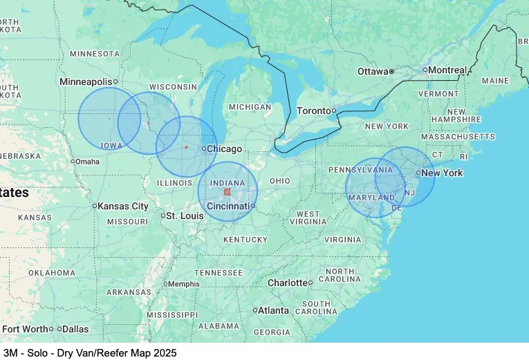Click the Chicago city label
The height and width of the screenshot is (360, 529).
coord(225,149)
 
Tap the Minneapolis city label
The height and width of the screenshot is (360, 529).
coord(86,82)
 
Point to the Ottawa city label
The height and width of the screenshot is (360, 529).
coord(373,72)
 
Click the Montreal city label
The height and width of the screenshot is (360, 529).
coord(447,70)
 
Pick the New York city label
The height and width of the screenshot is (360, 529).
coord(442,173)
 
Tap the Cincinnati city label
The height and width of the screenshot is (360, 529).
coord(228,206)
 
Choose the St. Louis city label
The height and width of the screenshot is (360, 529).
coord(185,216)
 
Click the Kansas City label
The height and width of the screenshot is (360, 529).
coord(123,206)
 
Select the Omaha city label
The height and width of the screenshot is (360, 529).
coord(87,162)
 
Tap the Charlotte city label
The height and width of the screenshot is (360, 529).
coord(287,283)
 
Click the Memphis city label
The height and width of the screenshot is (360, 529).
coord(184,284)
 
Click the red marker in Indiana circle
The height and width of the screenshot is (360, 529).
coord(228,191)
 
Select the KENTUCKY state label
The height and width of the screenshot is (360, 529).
coord(245,240)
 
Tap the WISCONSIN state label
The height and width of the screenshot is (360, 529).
coord(173,86)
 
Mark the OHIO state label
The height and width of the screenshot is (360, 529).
coord(280,180)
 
